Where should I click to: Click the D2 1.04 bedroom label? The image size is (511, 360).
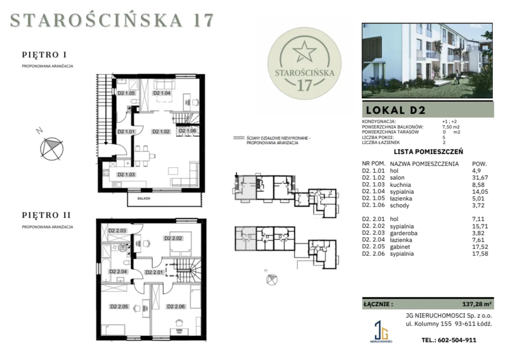pos(162,93)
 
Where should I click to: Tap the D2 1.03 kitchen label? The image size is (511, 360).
pos(126,174)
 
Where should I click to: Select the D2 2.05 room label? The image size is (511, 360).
pos(119,307)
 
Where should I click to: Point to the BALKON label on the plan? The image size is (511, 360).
pos(144,199)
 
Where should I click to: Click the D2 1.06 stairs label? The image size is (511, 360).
pos(187,131)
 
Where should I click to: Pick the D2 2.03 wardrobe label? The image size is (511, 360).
pos(117,231)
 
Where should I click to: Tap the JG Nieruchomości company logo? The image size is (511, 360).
pos(381,332)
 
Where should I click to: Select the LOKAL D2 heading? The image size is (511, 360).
pos(396,110)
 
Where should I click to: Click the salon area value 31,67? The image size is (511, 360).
pos(480,177)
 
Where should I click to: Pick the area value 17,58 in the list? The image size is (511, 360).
pos(480,254)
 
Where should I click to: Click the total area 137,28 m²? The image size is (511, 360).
pos(477,304)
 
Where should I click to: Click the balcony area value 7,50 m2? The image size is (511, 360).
pos(451,127)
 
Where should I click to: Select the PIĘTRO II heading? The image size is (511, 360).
pos(46,215)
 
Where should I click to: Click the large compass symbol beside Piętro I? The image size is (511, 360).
pos(52,149)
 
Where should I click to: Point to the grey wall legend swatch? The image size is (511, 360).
pos(239,138)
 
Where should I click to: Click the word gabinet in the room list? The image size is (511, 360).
pos(400,247)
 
